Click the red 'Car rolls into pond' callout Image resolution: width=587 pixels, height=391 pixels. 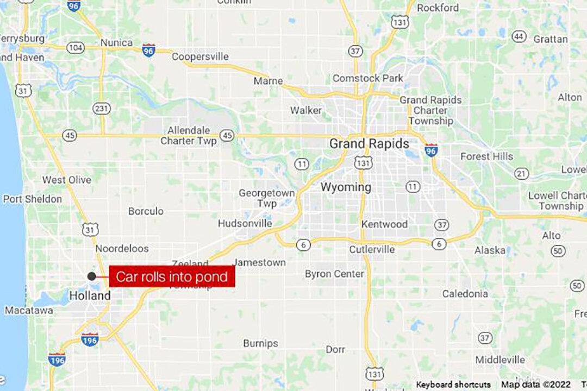[172, 277]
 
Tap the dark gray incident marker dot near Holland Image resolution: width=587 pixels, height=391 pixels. [92, 276]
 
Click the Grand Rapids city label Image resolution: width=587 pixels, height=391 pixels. [369, 144]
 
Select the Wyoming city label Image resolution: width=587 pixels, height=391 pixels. [346, 187]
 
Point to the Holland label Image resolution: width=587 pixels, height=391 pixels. [90, 296]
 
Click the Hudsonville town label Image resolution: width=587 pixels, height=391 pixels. [245, 223]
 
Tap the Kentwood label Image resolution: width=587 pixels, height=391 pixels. [385, 224]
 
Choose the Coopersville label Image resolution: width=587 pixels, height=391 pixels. [200, 56]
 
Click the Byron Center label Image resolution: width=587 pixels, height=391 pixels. [334, 274]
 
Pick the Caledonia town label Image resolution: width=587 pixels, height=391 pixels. [465, 294]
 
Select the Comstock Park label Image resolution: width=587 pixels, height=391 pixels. [368, 78]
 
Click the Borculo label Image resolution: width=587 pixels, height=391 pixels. [146, 211]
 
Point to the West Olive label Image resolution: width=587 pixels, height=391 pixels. [67, 180]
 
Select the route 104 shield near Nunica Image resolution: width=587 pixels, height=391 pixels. [76, 48]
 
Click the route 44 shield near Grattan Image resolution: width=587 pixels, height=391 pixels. [519, 36]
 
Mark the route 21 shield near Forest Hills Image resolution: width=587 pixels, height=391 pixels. [522, 174]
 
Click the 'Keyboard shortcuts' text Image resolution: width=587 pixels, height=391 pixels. [453, 384]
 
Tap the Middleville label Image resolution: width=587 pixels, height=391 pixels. [500, 360]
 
